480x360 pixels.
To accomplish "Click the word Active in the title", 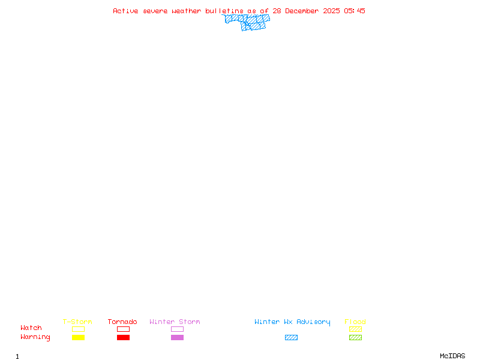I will click(x=126, y=11).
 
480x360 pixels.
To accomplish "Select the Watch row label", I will click(x=31, y=328).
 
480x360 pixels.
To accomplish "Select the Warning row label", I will click(x=35, y=337).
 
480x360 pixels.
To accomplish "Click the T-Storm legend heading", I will click(x=77, y=322).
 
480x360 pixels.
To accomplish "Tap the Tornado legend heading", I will click(x=122, y=322).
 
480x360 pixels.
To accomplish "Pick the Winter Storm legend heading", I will click(x=175, y=322).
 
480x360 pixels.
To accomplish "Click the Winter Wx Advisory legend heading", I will click(x=292, y=322).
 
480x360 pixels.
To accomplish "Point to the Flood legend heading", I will click(x=355, y=322).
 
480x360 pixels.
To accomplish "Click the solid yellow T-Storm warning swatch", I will click(x=78, y=338).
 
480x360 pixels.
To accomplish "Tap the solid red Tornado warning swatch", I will click(x=123, y=338).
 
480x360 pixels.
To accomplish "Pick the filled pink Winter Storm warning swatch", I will click(x=177, y=338).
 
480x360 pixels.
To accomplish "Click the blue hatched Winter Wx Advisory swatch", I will click(x=291, y=338).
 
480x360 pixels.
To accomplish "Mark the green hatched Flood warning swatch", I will click(x=355, y=338).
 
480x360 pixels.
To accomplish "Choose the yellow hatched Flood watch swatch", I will click(x=355, y=329).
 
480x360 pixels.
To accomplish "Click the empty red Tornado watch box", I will click(x=123, y=329).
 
